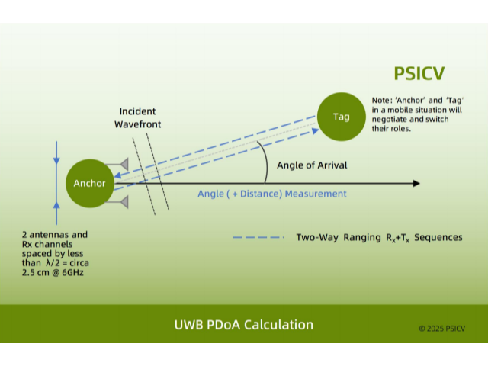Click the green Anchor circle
(x=90, y=183)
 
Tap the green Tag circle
(x=341, y=117)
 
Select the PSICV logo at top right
(x=419, y=73)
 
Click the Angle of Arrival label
(x=312, y=165)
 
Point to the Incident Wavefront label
(x=138, y=117)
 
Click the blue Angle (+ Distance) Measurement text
(x=272, y=194)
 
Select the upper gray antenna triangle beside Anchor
(x=122, y=163)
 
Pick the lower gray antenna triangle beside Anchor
(x=122, y=201)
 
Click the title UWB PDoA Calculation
(x=244, y=324)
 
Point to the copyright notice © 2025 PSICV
(x=441, y=329)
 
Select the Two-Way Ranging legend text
(x=379, y=237)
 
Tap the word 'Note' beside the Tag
(x=380, y=101)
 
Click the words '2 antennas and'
(x=55, y=234)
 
